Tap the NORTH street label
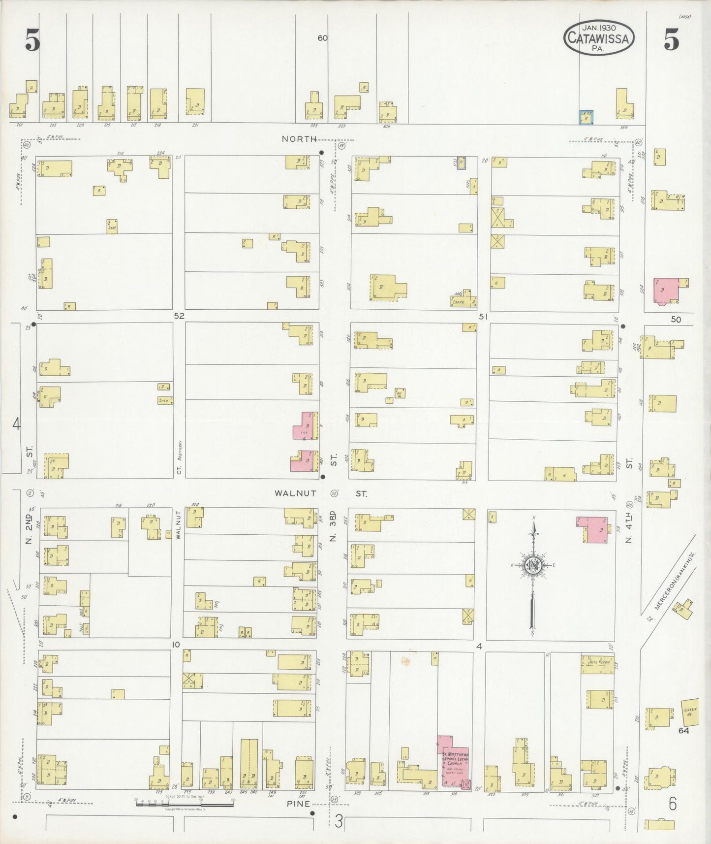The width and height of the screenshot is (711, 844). [299, 139]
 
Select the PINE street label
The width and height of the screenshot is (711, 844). [299, 804]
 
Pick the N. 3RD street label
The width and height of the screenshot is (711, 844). [333, 526]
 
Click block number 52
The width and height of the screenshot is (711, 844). [179, 316]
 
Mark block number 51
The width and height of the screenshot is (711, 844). [483, 317]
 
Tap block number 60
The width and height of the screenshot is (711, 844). [322, 38]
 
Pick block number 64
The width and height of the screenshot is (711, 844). [683, 731]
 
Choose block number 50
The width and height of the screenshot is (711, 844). [676, 319]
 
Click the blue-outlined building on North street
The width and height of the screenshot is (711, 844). [585, 116]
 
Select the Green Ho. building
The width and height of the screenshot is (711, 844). [690, 712]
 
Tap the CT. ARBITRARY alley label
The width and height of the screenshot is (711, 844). [180, 457]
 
